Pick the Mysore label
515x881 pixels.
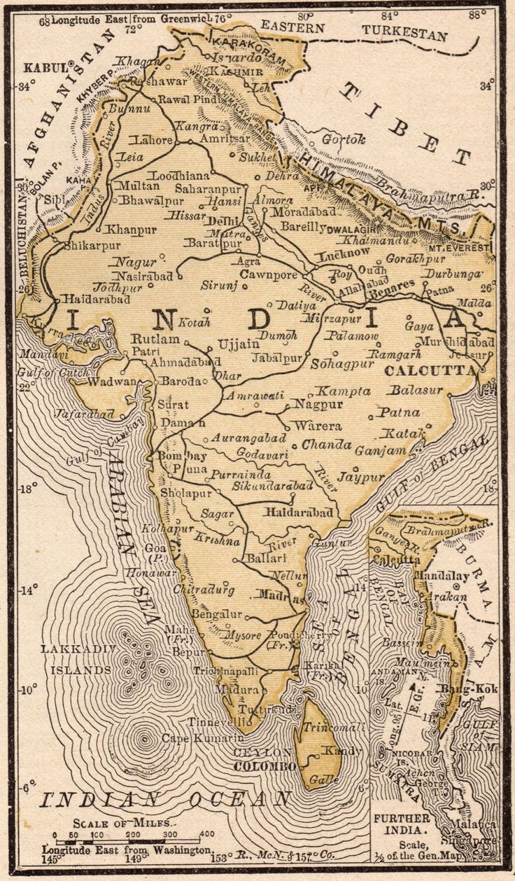[x=243, y=635]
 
